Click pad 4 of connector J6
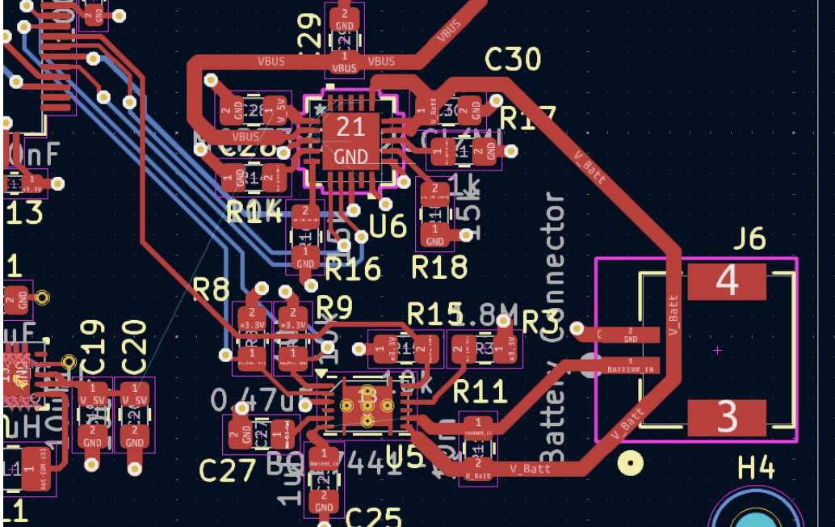pyautogui.click(x=726, y=281)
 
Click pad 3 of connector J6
pyautogui.click(x=726, y=418)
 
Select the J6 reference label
pyautogui.click(x=749, y=239)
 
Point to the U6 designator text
pyautogui.click(x=388, y=226)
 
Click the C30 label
pyautogui.click(x=513, y=59)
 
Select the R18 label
pyautogui.click(x=439, y=267)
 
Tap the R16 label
pyautogui.click(x=352, y=268)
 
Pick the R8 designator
pyautogui.click(x=212, y=286)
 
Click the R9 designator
pyautogui.click(x=334, y=307)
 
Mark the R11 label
pyautogui.click(x=480, y=392)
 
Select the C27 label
pyautogui.click(x=228, y=470)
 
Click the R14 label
pyautogui.click(x=254, y=213)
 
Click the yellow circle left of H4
pyautogui.click(x=630, y=463)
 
